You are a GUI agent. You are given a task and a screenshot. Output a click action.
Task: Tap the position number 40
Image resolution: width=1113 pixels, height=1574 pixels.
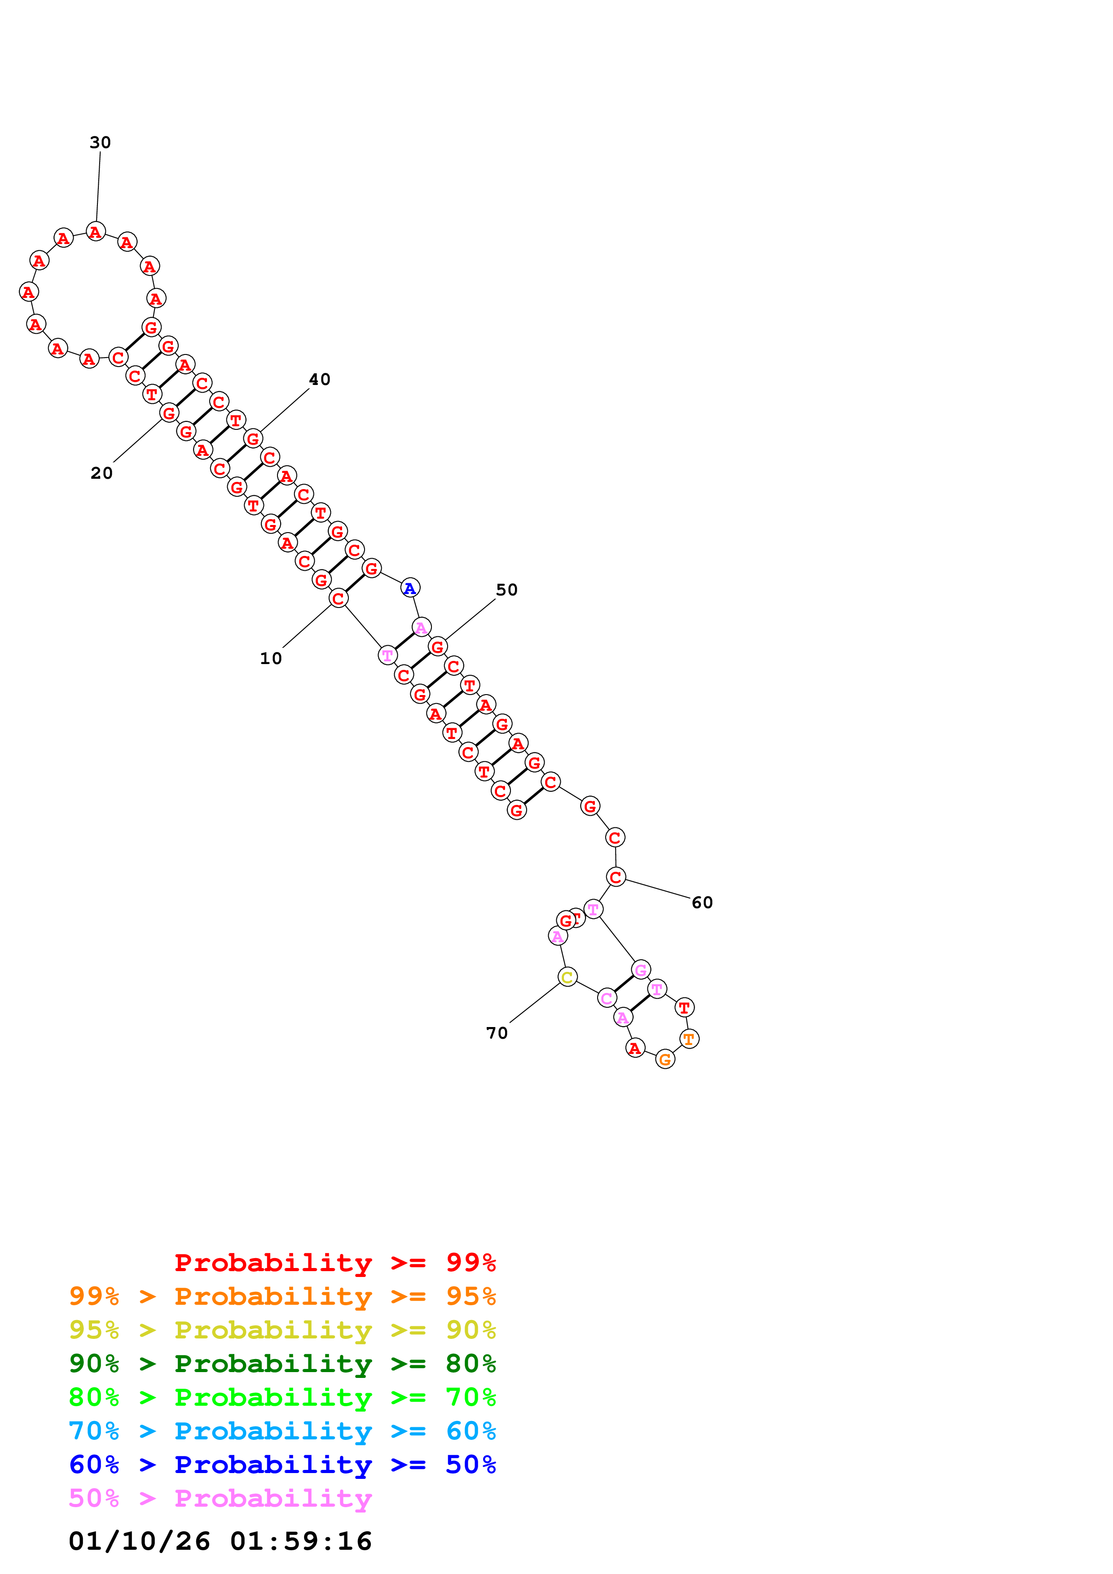(320, 379)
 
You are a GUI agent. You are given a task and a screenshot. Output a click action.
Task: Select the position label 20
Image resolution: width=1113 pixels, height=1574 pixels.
(101, 473)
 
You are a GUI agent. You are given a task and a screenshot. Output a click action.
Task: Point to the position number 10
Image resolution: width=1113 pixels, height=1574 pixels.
(271, 658)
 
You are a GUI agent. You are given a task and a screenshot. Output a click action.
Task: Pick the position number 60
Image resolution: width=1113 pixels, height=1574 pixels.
(702, 902)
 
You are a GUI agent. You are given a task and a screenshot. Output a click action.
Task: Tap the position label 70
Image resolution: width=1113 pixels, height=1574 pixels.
(497, 1033)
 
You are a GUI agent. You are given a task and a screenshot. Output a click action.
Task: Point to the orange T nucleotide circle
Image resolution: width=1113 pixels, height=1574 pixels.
(689, 1039)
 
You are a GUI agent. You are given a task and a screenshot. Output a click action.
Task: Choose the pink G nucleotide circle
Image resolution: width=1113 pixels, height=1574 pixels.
(641, 969)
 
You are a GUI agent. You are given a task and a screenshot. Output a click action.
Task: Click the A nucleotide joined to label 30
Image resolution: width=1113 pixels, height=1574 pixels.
(96, 232)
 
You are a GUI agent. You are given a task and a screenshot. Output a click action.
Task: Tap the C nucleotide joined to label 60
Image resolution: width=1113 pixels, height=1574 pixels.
(616, 877)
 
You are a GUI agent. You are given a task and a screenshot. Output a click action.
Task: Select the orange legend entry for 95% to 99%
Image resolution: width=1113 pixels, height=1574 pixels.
(282, 1296)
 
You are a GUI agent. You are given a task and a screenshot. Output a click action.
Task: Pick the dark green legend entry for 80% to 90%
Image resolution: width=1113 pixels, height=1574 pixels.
(282, 1364)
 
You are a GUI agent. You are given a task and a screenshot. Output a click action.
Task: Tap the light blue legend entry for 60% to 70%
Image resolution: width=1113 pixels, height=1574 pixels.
(282, 1431)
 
